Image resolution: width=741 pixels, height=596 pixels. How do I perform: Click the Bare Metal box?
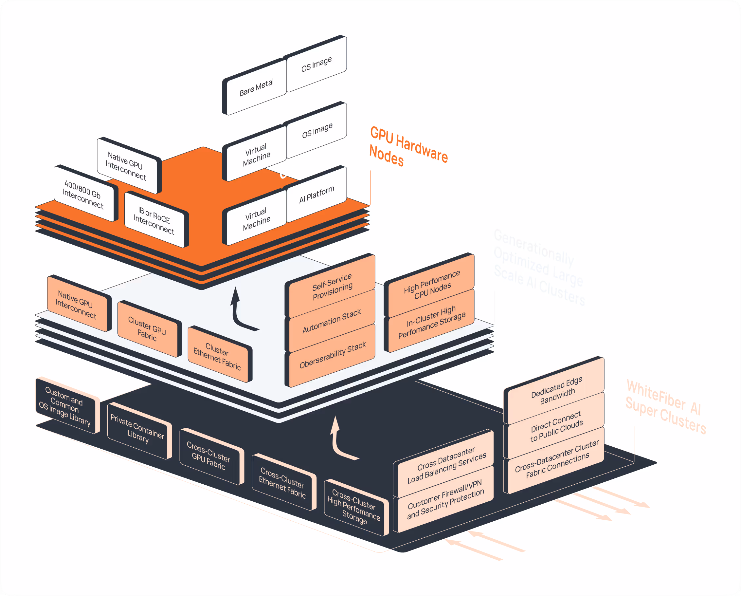tap(256, 88)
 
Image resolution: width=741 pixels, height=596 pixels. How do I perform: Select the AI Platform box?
tap(316, 195)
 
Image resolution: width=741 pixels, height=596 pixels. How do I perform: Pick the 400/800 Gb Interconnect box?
tap(83, 195)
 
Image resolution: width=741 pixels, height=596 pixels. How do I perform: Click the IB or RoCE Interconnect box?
tap(154, 220)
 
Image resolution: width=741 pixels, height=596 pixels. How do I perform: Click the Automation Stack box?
tap(332, 321)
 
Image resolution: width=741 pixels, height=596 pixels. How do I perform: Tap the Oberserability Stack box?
tap(332, 355)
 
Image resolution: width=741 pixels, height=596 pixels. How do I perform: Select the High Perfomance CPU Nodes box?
tap(432, 285)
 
